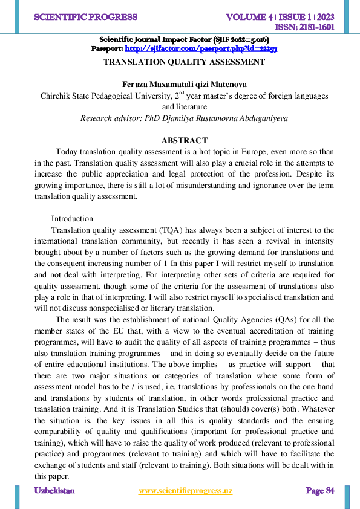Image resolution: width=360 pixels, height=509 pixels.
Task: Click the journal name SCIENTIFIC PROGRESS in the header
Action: (x=86, y=17)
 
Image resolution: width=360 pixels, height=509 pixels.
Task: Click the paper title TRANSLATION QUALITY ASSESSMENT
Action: (x=184, y=62)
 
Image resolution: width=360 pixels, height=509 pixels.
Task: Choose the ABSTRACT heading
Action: (x=184, y=140)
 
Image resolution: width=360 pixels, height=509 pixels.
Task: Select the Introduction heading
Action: (x=72, y=218)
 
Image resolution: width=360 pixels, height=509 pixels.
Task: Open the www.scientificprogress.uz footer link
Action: (x=185, y=491)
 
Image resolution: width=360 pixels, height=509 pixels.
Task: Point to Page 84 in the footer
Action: (x=319, y=491)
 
